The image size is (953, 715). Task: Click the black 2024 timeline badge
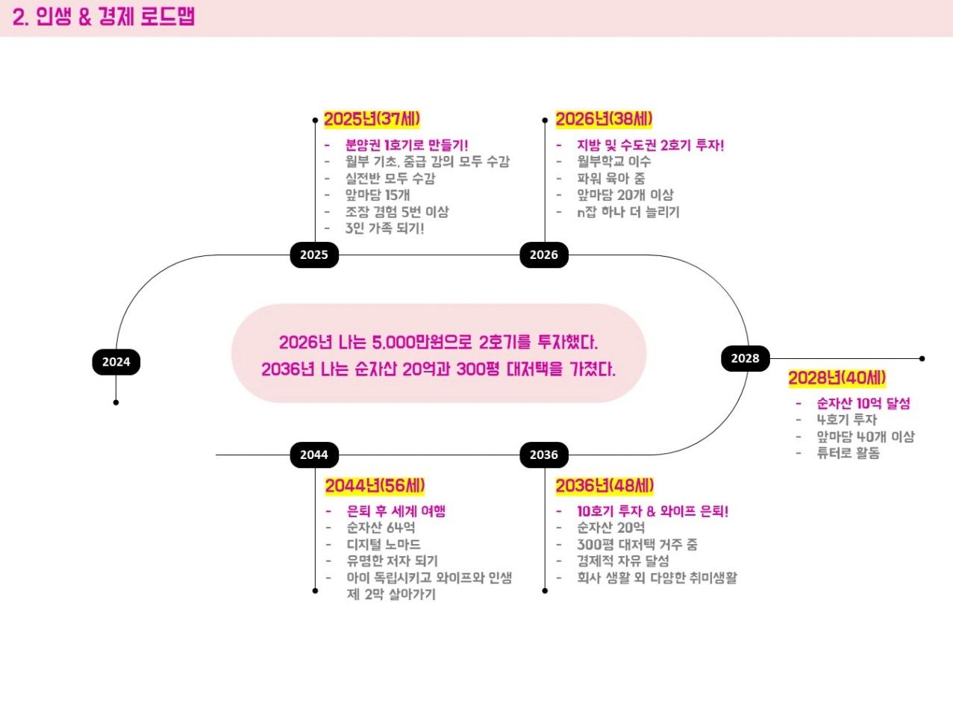point(116,362)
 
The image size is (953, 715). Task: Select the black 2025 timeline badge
point(314,255)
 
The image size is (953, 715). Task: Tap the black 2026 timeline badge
point(544,255)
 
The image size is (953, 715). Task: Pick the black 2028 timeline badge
point(745,358)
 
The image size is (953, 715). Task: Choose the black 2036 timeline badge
point(544,455)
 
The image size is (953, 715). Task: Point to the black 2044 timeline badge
point(314,455)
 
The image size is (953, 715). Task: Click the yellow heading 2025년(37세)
point(372,119)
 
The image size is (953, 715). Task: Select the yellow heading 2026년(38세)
point(604,119)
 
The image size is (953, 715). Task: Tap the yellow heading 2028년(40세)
point(837,378)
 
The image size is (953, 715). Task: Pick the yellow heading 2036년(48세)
point(604,486)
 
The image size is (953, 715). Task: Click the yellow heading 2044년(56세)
point(375,486)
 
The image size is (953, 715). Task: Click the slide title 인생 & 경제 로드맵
point(104,17)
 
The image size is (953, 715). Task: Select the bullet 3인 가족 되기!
point(384,228)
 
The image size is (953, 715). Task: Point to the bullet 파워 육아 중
point(610,178)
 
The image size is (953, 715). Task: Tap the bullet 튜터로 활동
point(848,453)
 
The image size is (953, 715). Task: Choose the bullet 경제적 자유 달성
point(622,561)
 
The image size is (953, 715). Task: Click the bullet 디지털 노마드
point(384,545)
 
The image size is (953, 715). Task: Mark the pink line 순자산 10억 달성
point(863,404)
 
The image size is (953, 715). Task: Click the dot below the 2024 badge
point(116,402)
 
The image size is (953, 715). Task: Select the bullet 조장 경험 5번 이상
point(396,212)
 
